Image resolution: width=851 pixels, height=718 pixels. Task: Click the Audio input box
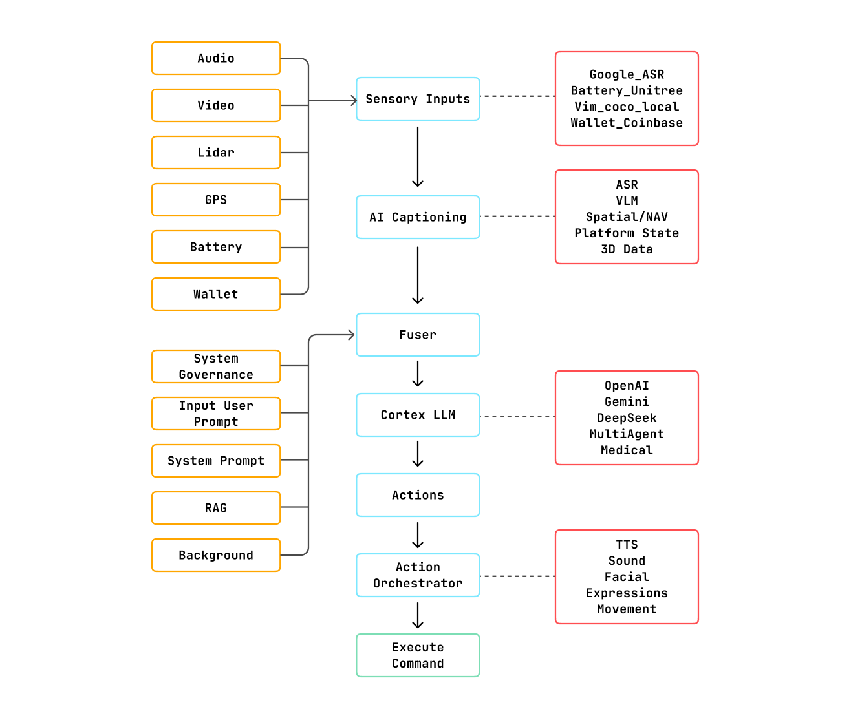tap(216, 58)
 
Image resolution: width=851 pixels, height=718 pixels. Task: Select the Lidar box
tap(216, 153)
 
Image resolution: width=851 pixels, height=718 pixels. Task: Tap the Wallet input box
tap(216, 294)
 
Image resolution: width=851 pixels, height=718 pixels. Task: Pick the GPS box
tap(216, 200)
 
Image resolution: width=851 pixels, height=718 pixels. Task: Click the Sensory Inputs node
tap(418, 99)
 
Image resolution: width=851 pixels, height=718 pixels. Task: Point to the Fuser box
tap(418, 335)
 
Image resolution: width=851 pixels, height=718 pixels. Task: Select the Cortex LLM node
tap(418, 415)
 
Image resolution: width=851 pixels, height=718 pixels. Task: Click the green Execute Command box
tap(418, 655)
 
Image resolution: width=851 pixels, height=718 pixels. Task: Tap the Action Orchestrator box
tap(418, 575)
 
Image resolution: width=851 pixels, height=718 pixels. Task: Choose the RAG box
tap(216, 508)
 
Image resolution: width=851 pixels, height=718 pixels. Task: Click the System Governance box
tap(216, 366)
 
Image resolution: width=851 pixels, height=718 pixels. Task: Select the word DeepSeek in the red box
tap(627, 418)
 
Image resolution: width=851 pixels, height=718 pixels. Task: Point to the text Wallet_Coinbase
tap(627, 123)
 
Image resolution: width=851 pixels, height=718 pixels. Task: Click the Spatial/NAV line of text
tap(627, 217)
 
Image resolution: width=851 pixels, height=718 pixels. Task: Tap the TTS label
tap(627, 545)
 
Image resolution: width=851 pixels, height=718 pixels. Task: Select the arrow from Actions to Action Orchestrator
tap(418, 535)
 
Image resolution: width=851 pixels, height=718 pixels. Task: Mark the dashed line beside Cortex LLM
tap(517, 417)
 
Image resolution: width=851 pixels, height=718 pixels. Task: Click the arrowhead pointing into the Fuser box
tap(351, 335)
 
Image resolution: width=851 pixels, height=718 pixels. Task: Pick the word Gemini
tap(627, 402)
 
